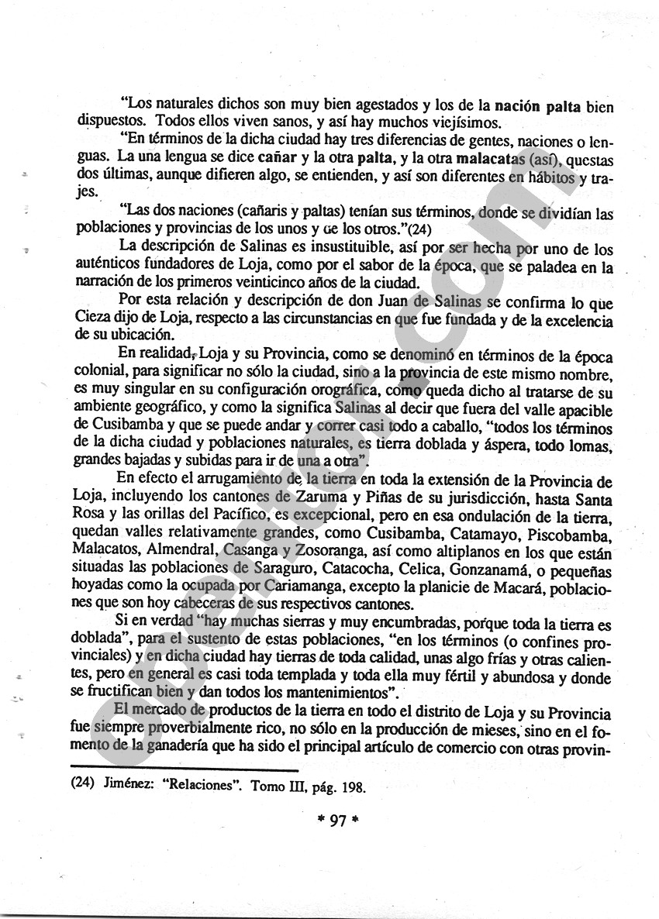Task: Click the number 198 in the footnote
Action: tap(350, 783)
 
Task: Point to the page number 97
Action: tap(336, 822)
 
